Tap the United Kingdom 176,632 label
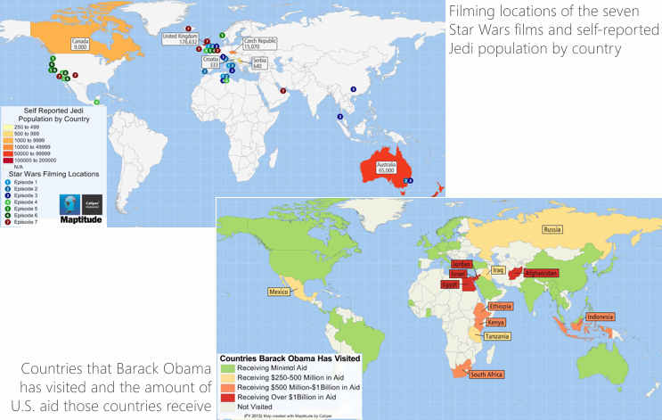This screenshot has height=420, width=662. click(x=180, y=38)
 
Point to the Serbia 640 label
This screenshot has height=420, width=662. click(x=257, y=64)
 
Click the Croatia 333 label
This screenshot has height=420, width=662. click(x=214, y=63)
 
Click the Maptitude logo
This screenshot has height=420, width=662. click(x=81, y=207)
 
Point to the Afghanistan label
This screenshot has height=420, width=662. click(x=541, y=272)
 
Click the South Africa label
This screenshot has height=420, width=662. click(x=487, y=375)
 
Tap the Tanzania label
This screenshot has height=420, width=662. click(x=497, y=337)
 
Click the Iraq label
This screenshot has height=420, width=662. click(x=499, y=269)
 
